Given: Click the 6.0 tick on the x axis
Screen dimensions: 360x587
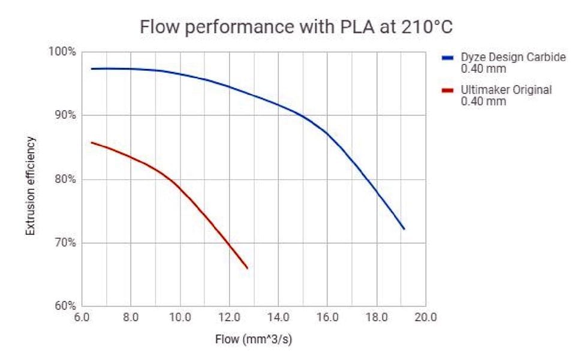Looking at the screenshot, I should pos(82,317).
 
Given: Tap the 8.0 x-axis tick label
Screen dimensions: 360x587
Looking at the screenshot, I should pos(131,317).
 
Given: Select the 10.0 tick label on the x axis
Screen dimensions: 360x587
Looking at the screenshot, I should pos(180,317).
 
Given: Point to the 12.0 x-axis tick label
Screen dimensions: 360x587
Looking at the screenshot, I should pos(229,317).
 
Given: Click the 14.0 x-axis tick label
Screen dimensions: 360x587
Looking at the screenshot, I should pos(278,317).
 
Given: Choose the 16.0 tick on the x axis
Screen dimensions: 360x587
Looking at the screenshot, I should pos(327,317).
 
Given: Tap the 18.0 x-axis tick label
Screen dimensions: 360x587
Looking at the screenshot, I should pos(377,317).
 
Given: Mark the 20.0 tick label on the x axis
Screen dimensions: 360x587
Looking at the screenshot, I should pos(426,317).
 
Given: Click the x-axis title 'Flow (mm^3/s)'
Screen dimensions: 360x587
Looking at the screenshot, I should pos(254,339).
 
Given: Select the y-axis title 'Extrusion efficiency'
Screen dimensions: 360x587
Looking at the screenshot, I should pos(31,185).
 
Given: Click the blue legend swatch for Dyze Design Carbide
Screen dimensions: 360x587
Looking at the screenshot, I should pos(447,58).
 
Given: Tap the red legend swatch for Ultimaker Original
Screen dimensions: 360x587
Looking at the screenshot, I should pos(447,91).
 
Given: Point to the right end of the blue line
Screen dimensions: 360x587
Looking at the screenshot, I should pos(404,229).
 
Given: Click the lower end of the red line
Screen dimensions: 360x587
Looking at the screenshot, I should pos(247,268).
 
